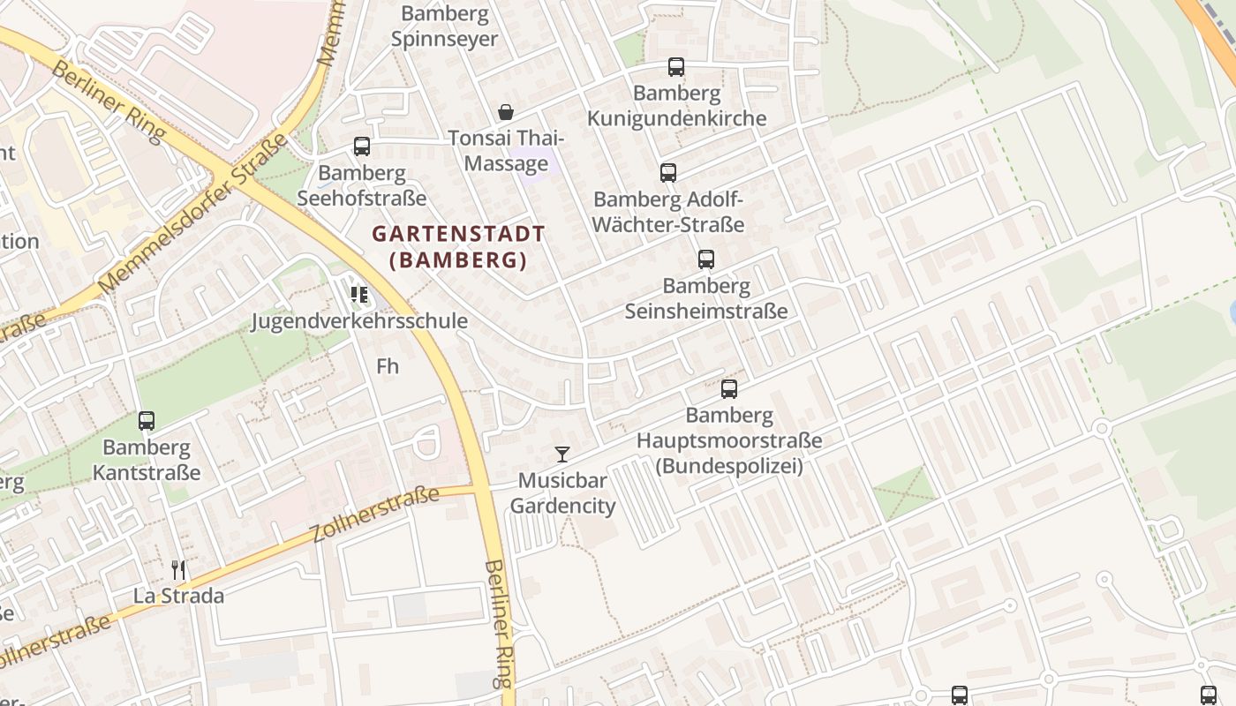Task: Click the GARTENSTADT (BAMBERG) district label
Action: tap(458, 247)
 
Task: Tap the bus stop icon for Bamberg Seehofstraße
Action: tap(362, 146)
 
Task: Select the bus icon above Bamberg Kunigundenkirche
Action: tap(676, 67)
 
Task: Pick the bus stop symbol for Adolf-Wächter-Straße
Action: tap(668, 173)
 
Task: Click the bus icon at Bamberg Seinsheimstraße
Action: tap(706, 259)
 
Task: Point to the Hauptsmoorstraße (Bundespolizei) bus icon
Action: tap(729, 389)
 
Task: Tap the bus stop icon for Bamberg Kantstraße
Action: tap(147, 421)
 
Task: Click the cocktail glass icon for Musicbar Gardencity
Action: tap(561, 454)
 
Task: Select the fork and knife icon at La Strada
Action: tap(178, 570)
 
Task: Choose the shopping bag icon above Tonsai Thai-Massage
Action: tap(506, 112)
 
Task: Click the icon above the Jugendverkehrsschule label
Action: tap(359, 294)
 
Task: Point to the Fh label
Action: tap(388, 365)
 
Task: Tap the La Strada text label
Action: tap(178, 596)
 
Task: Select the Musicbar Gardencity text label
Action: tap(562, 493)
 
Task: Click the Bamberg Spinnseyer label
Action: tap(445, 26)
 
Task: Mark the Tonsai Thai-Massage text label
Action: tap(506, 151)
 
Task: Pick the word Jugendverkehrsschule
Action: tap(359, 320)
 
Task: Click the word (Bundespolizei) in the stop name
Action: tap(729, 465)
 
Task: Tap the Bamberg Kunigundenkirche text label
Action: tap(677, 106)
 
